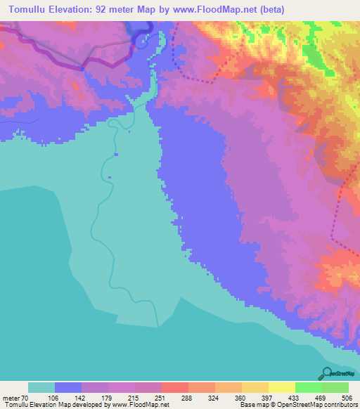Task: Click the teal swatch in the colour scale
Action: (x=41, y=387)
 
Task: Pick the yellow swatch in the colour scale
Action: (x=282, y=387)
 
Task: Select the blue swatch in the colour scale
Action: (x=68, y=387)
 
